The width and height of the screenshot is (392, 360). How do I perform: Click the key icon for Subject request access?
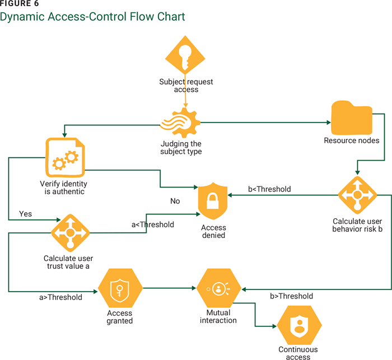click(x=185, y=59)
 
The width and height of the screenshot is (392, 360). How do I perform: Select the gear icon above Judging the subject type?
click(x=179, y=123)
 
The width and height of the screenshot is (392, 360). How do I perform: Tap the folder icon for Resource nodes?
click(x=351, y=117)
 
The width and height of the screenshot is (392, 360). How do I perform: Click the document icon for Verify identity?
click(x=63, y=157)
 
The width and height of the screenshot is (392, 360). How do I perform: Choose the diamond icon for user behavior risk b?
click(x=357, y=195)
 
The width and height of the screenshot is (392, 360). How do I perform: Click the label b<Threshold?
click(x=269, y=189)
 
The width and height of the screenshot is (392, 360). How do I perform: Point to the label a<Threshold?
click(x=152, y=225)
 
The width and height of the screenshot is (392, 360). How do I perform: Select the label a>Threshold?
click(x=61, y=297)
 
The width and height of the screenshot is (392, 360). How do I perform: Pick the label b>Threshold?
click(x=291, y=296)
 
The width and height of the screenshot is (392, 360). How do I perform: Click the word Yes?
click(x=26, y=214)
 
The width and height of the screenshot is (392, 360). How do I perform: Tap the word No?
click(x=175, y=200)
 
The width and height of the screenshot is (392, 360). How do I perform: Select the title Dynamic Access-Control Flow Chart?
click(x=92, y=17)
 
